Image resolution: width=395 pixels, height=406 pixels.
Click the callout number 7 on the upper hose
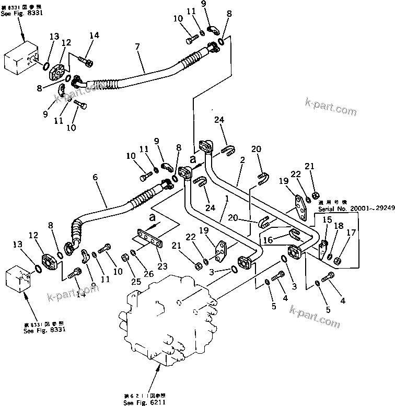[137, 47]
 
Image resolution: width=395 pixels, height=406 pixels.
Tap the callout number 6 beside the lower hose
[95, 178]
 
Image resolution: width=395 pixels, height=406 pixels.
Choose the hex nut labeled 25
[125, 257]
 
